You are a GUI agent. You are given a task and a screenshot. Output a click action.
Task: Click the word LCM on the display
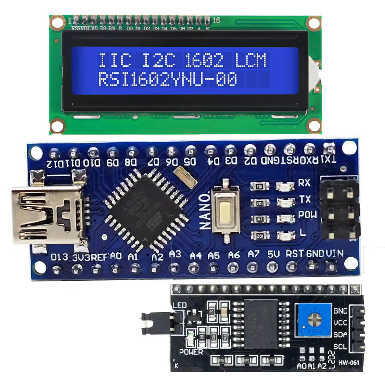pyautogui.click(x=251, y=61)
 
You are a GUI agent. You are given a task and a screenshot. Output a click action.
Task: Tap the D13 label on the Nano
pyautogui.click(x=61, y=256)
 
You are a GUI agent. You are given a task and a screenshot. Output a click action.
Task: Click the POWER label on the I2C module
pyautogui.click(x=191, y=352)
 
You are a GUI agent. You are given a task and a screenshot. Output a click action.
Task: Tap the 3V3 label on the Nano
pyautogui.click(x=80, y=257)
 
